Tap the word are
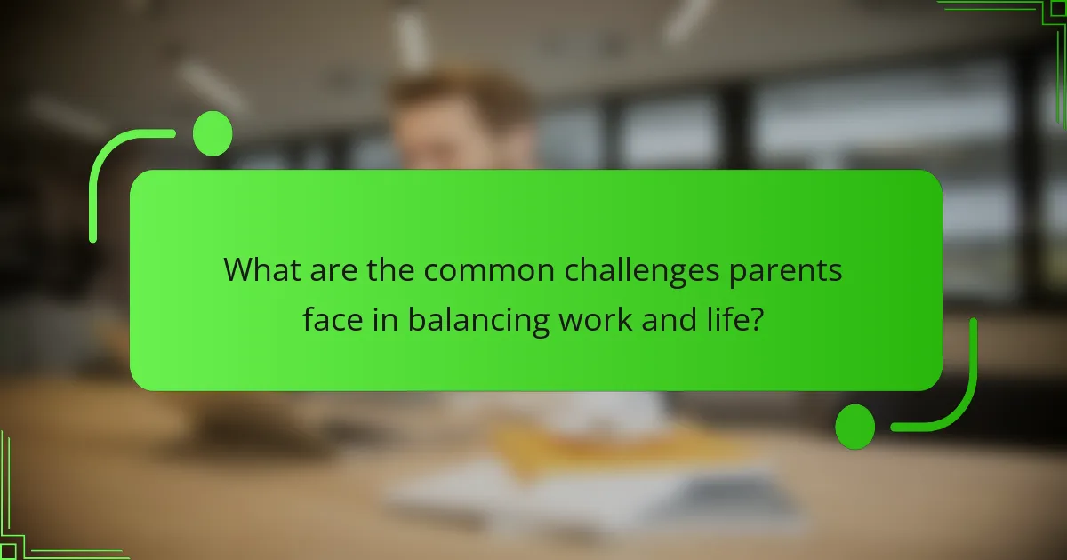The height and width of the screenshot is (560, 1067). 332,269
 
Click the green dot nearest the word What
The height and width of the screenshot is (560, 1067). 212,134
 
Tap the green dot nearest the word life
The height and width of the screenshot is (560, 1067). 855,426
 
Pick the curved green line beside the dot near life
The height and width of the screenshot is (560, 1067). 960,391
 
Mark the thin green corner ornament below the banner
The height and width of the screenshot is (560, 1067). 36,533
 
